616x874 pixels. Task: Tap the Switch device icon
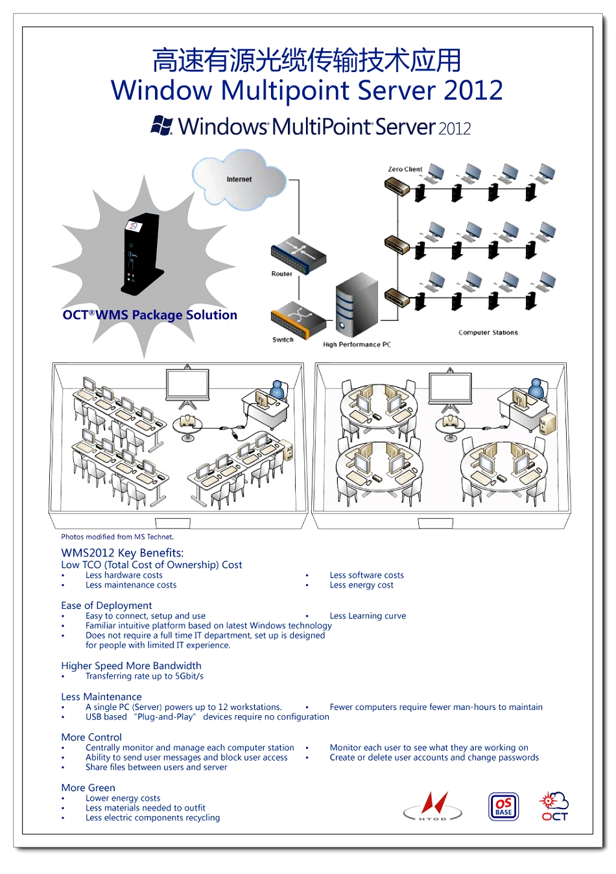click(298, 318)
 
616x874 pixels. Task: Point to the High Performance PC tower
click(356, 305)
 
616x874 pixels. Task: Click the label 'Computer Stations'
click(488, 333)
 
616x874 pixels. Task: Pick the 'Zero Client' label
click(405, 169)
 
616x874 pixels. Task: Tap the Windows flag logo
click(161, 125)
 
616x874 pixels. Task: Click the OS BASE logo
click(503, 807)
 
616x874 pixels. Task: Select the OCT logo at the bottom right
click(554, 807)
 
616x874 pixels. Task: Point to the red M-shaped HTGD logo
click(433, 806)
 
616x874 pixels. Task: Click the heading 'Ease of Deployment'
click(106, 606)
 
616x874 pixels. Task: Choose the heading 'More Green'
click(88, 788)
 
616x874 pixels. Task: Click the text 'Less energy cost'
click(361, 585)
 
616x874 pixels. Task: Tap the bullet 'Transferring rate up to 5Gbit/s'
click(145, 676)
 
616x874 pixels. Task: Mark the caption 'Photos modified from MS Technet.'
click(117, 537)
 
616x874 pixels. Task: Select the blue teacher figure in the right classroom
click(536, 390)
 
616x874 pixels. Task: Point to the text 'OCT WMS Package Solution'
click(150, 315)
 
